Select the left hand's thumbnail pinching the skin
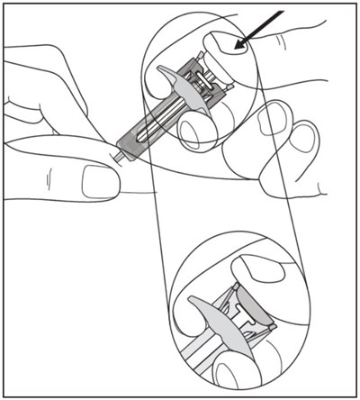coord(98,182)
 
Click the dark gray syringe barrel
coord(148,127)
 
